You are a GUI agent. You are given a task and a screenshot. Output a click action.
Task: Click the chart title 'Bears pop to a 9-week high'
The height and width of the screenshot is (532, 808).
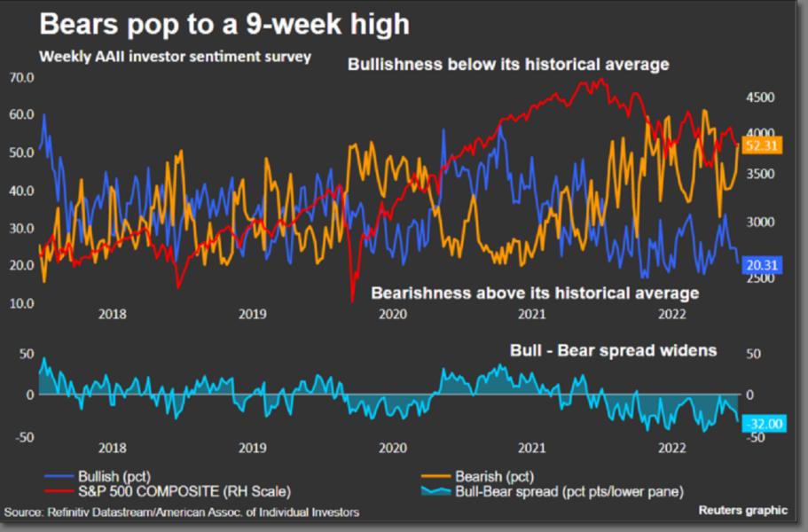tap(224, 24)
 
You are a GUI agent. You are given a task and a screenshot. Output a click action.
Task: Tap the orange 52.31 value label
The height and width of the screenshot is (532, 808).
tap(762, 147)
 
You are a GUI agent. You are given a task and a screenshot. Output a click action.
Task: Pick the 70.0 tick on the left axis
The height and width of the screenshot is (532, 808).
tap(21, 78)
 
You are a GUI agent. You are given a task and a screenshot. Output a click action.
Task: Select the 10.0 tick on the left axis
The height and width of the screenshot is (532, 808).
tap(21, 304)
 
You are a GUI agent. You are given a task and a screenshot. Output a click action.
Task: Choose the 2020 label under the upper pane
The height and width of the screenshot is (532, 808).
tap(391, 313)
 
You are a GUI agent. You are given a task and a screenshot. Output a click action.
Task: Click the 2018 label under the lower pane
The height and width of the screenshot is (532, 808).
tap(113, 448)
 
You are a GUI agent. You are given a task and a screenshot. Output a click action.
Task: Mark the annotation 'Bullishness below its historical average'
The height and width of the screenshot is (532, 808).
tap(508, 65)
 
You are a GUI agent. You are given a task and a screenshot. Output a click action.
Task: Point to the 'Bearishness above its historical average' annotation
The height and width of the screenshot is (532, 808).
tap(534, 293)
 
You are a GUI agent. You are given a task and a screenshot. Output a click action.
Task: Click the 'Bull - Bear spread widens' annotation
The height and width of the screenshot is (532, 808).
tap(613, 350)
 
